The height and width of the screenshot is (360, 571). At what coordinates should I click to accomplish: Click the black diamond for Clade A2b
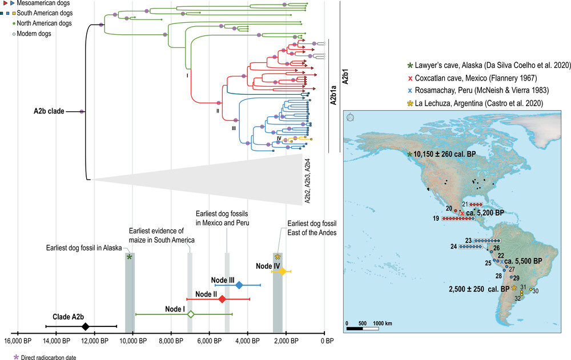[x=85, y=326]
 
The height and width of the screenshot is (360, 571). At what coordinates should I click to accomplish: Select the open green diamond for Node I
[x=191, y=314]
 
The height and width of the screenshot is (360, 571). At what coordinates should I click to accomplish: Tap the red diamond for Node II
[x=222, y=299]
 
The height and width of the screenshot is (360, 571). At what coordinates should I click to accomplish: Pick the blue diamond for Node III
[x=239, y=285]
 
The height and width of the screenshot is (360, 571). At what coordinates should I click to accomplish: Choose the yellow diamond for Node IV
[x=282, y=271]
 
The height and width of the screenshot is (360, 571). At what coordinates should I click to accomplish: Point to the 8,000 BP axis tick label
[x=171, y=341]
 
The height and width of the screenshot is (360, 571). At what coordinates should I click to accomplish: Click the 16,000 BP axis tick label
[x=18, y=341]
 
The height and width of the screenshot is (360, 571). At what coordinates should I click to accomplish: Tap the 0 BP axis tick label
[x=327, y=341]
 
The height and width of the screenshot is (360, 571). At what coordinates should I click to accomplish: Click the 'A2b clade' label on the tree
[x=49, y=111]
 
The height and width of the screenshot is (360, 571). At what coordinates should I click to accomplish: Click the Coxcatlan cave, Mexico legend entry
[x=472, y=78]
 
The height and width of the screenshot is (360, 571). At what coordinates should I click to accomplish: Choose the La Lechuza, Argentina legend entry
[x=475, y=103]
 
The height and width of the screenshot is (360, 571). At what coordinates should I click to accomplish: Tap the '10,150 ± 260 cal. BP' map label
[x=445, y=155]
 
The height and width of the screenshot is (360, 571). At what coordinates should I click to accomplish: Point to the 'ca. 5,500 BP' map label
[x=523, y=261]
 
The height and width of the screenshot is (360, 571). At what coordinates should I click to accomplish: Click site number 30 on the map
[x=536, y=291]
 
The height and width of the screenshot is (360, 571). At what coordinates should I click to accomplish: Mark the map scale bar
[x=363, y=329]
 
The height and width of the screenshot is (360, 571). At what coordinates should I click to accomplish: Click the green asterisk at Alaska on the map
[x=409, y=155]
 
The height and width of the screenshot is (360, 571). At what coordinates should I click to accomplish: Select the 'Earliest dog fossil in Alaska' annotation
[x=84, y=248]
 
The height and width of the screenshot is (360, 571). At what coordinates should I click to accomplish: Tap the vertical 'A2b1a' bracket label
[x=333, y=96]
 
